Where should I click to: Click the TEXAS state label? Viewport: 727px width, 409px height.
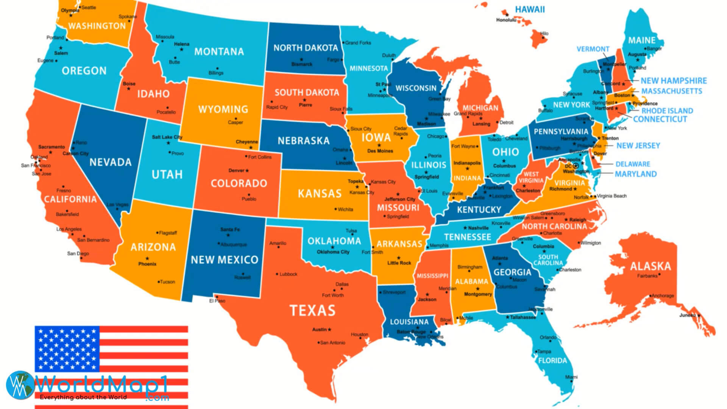[313, 311]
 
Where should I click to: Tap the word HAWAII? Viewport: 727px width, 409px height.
[530, 9]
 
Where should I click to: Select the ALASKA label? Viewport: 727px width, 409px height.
[650, 266]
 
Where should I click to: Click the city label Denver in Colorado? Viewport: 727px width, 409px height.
[236, 170]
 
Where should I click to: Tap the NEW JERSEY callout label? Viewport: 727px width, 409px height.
[638, 145]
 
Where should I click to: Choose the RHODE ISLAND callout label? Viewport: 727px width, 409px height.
[667, 111]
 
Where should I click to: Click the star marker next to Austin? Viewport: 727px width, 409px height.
[329, 329]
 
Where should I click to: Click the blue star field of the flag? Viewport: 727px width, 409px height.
[67, 348]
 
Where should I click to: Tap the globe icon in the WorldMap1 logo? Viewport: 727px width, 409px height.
[20, 385]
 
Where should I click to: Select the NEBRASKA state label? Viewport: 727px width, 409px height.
[303, 141]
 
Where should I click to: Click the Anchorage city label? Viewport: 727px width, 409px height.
[663, 295]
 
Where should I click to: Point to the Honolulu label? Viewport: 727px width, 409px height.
[506, 20]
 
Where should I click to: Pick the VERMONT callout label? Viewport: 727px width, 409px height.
[593, 49]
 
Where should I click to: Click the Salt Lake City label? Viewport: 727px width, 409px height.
[167, 137]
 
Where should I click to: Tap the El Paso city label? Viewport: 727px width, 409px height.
[217, 301]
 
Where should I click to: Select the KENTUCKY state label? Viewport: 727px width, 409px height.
[479, 209]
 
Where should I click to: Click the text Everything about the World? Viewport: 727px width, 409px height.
[83, 397]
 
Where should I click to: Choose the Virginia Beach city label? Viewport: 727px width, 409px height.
[612, 196]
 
